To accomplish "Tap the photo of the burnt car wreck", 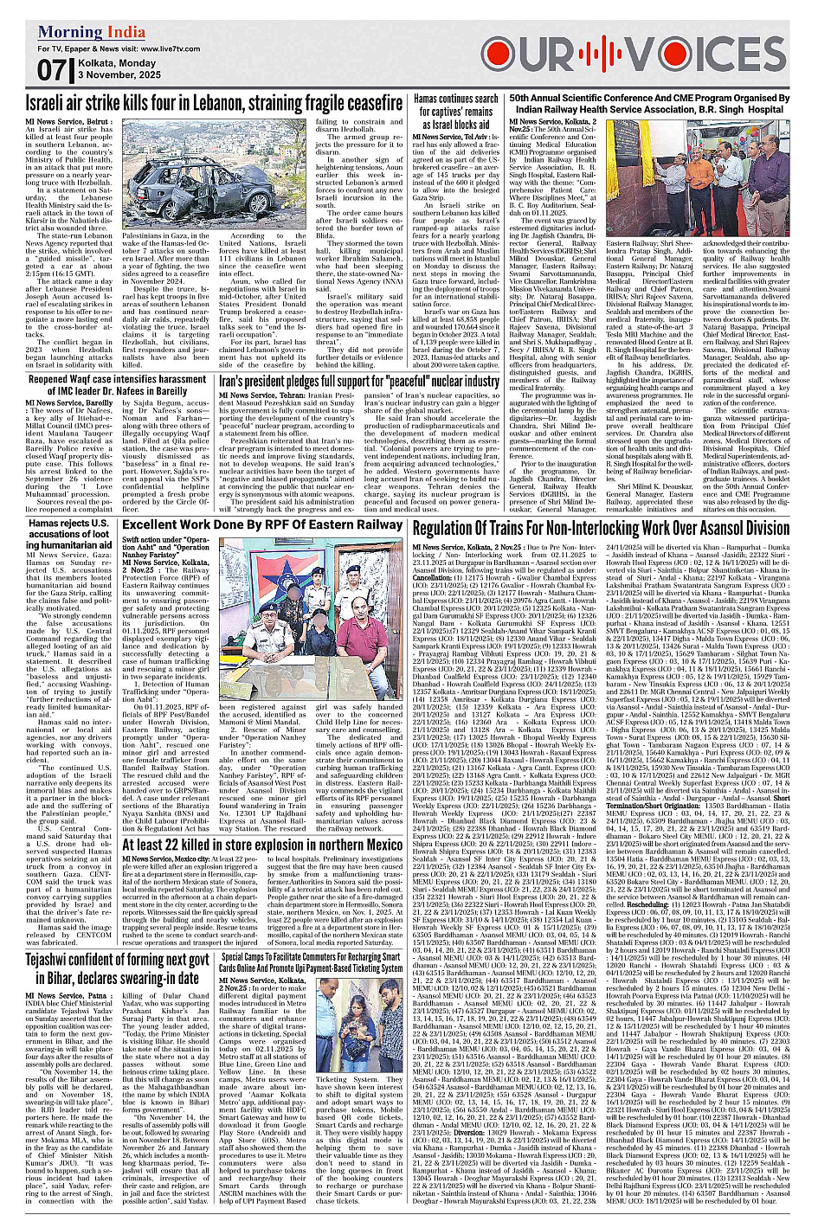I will coord(190,177).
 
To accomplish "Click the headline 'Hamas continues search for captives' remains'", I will coord(455,111).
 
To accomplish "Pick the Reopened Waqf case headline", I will coord(117,385).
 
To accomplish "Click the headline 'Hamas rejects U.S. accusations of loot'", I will coord(69,534).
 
